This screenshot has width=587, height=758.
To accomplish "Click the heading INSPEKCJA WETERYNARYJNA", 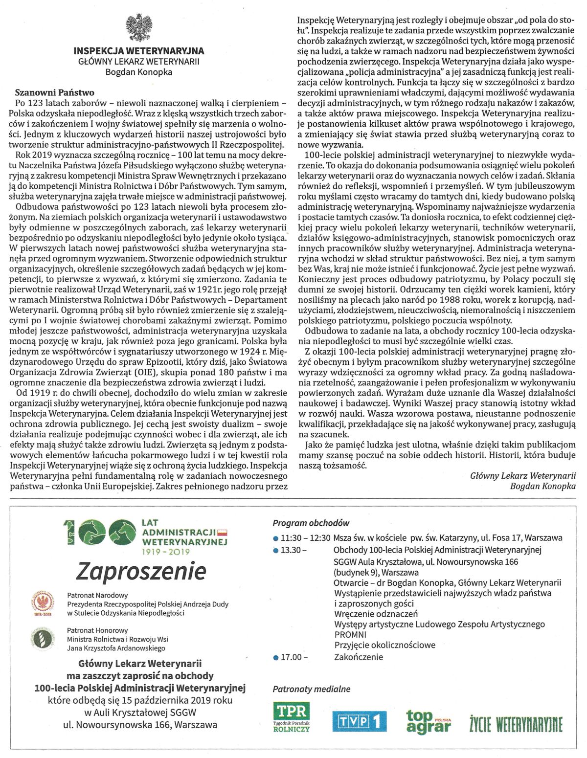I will pos(138,51).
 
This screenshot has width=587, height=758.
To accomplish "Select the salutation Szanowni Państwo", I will pos(54,92).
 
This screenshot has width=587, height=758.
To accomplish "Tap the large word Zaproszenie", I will pos(141,570).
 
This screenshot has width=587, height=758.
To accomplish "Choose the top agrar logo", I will pos(428,721).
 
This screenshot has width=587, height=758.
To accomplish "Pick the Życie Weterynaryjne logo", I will pos(517,723).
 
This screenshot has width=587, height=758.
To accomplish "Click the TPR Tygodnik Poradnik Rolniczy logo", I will pos(292,717).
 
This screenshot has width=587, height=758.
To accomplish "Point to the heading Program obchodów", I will pos(311,523).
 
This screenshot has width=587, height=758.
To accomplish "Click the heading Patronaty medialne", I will pos(312,689).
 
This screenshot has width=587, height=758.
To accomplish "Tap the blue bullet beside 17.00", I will pos(276,657).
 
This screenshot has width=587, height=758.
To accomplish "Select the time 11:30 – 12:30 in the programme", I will pos(306,538).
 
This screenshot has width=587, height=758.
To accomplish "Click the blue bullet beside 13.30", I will pos(276,550).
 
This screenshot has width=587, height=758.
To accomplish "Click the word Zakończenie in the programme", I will pos(358,657).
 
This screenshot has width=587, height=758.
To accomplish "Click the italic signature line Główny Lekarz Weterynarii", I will pos(523,475).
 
